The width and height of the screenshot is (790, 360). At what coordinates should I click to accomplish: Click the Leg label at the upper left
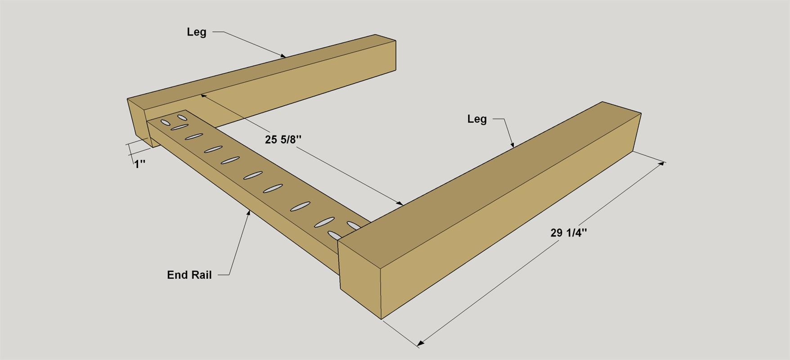point(197,32)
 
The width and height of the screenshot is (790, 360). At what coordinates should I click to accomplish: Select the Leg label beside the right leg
point(477,119)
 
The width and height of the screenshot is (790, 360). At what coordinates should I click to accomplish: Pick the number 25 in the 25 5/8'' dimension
point(271,139)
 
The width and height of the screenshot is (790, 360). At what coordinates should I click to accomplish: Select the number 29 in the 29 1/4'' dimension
point(557,233)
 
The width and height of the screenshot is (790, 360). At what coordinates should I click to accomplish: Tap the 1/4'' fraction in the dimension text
point(577,233)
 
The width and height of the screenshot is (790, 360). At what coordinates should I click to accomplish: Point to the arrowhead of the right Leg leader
point(512,145)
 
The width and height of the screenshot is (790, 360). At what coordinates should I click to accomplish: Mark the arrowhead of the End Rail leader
point(249,212)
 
